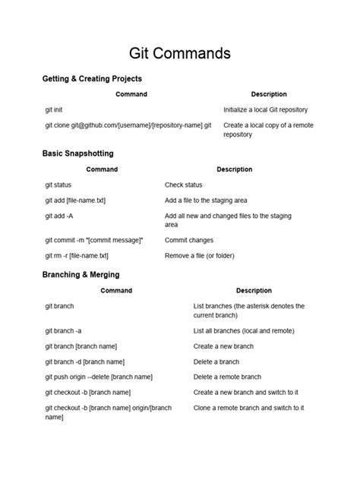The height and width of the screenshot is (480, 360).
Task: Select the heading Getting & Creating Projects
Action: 92,78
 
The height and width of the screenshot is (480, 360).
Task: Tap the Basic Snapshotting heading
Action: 77,153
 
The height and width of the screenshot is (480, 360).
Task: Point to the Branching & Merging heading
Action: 81,274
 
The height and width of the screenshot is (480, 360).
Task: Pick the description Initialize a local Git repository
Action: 266,109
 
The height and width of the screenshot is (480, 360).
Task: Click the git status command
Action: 61,185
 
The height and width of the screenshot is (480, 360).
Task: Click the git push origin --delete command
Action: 99,377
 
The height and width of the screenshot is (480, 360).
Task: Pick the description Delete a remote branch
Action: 228,377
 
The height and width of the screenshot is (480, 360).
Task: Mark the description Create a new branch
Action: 223,346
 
